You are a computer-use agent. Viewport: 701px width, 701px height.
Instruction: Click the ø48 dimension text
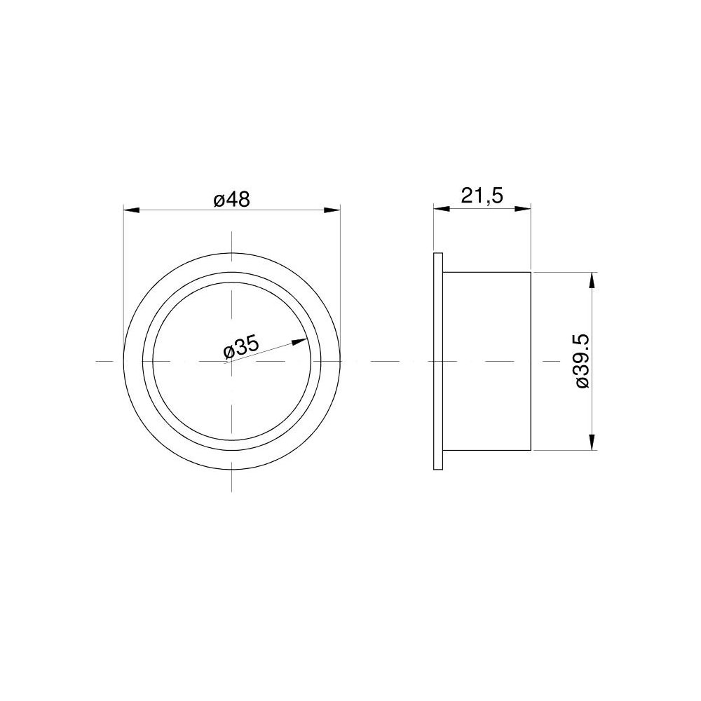coord(231,199)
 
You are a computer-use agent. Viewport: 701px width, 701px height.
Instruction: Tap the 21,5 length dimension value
coord(482,196)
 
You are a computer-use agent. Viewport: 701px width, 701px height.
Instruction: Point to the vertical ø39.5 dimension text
coord(581,360)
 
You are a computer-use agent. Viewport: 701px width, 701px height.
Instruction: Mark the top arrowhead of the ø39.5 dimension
coord(593,279)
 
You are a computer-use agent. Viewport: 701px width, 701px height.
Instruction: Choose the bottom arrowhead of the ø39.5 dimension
coord(593,442)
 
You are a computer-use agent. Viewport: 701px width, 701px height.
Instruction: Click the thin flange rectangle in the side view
coord(439,361)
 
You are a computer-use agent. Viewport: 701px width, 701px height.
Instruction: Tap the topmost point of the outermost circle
coord(231,252)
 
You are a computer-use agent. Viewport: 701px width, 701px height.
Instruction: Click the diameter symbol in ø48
coord(218,200)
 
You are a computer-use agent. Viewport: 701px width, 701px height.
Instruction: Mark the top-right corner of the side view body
coord(531,271)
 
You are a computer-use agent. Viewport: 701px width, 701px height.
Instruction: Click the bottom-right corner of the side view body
coord(531,451)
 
